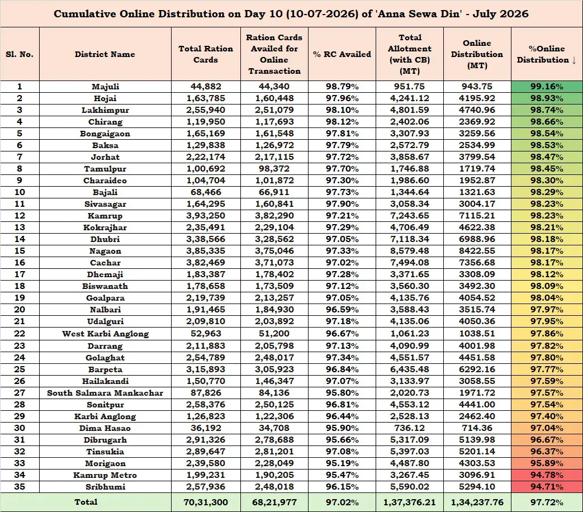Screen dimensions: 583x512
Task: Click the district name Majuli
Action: point(105,87)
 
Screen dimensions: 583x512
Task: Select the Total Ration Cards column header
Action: point(206,54)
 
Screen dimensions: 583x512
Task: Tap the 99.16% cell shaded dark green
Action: point(547,87)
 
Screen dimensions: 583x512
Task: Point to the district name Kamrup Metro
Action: point(105,475)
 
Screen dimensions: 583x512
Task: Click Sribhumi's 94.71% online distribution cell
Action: point(547,487)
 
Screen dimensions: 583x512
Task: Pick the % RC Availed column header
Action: point(342,54)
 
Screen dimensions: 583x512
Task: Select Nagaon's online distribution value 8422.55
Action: point(477,251)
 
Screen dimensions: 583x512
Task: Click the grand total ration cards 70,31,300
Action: point(206,502)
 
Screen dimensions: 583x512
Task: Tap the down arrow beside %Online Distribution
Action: point(574,60)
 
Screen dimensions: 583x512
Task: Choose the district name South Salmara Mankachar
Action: point(105,393)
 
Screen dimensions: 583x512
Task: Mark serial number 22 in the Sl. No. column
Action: point(20,334)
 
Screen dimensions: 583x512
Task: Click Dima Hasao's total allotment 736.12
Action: point(409,428)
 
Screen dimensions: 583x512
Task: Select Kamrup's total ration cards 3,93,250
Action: point(206,216)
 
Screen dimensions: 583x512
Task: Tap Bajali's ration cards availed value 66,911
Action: point(274,192)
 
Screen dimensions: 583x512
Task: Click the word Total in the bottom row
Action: point(86,502)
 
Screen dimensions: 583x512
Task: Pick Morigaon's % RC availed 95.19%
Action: point(342,463)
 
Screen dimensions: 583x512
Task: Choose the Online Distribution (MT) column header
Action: point(477,54)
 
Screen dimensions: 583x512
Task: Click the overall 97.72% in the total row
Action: point(547,502)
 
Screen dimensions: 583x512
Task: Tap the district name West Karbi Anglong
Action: point(105,334)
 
